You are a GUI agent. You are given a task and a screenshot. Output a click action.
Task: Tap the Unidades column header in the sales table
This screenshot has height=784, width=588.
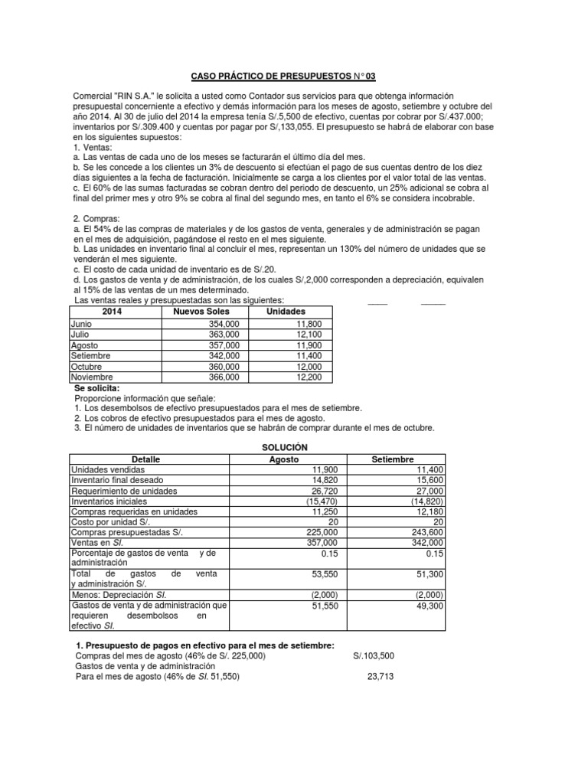tap(286, 312)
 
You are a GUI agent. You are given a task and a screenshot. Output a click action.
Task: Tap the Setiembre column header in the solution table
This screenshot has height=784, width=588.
tap(393, 459)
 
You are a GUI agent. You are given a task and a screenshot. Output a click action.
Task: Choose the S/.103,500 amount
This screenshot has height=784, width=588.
tap(374, 656)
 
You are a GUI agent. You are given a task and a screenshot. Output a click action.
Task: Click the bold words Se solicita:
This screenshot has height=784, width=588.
tap(97, 388)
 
